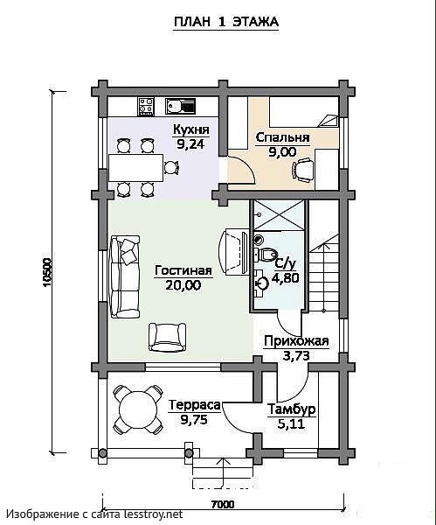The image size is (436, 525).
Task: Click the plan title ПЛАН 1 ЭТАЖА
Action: coord(226,22)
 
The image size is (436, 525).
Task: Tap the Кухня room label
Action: coord(191,129)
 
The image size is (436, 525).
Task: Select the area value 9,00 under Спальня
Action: coord(282,152)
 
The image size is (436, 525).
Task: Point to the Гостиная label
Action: coord(183,270)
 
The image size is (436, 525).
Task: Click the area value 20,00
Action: coord(183,285)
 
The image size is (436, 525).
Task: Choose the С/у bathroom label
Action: coord(285,264)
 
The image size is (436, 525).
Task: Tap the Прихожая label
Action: coord(296,341)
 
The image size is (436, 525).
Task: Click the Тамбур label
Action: coord(292,409)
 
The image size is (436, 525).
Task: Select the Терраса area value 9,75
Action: coord(194,419)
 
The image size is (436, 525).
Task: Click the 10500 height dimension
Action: coord(47,272)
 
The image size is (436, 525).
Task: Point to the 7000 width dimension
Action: coord(223,504)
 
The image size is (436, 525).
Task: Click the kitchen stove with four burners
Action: coord(146,107)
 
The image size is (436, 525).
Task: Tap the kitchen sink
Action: coord(180,107)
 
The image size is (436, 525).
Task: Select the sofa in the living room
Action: coord(125,276)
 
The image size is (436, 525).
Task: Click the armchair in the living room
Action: coord(167,337)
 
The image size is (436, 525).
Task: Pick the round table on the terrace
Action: coord(138,409)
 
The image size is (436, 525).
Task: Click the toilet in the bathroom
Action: coord(265,255)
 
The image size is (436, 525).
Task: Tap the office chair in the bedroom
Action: coord(303,170)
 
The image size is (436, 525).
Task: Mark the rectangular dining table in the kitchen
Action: coord(135,167)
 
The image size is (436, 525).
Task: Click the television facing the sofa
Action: coord(234,252)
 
